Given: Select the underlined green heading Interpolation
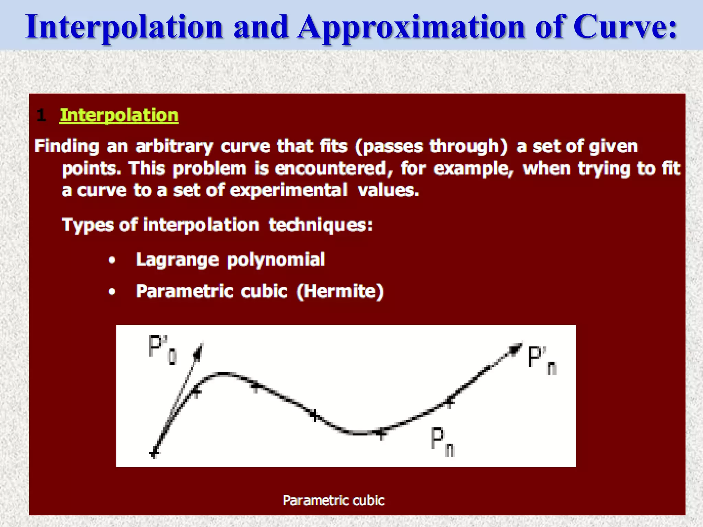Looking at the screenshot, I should [119, 115].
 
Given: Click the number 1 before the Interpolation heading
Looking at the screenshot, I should [41, 116].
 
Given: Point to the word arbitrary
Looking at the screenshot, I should [174, 147].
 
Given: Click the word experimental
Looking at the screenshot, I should [288, 190].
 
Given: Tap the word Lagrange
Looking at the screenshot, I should [177, 260].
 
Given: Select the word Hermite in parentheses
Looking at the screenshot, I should [340, 292].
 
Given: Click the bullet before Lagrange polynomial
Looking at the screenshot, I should [112, 261].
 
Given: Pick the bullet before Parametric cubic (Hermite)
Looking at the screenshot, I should [112, 292].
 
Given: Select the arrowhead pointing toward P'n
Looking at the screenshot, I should [515, 348].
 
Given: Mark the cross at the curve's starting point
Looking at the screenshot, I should [154, 454].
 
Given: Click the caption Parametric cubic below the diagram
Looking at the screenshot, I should [334, 500].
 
